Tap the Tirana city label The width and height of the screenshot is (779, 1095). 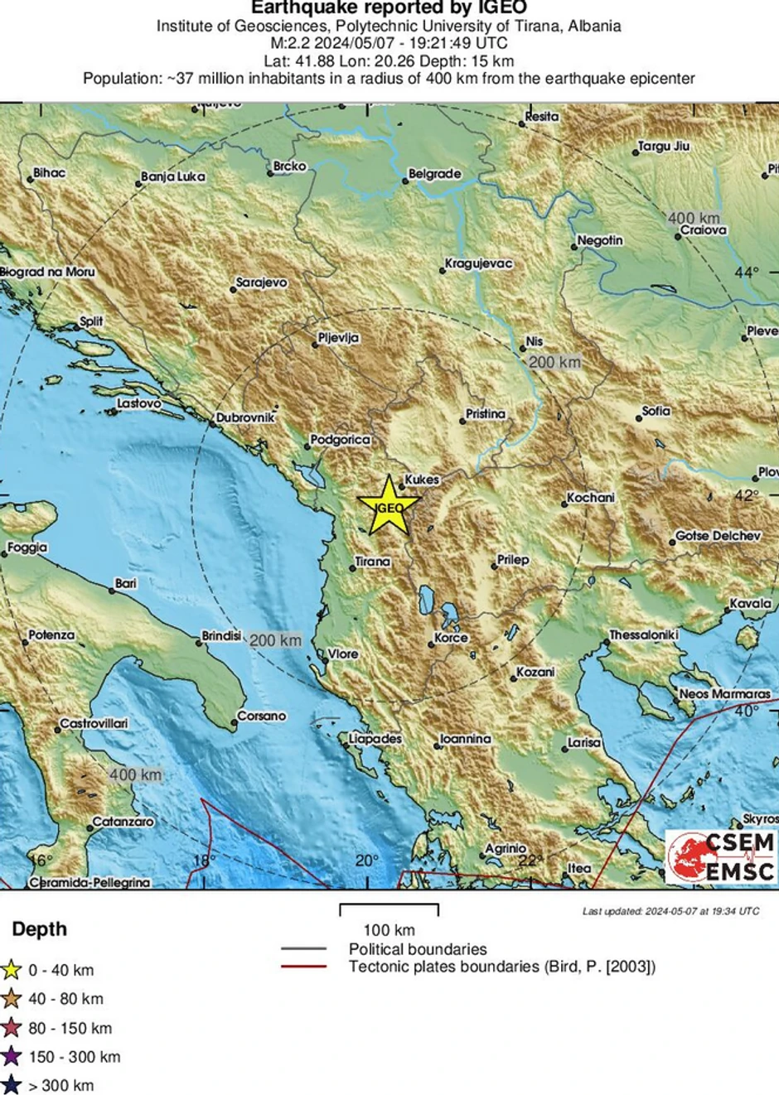coord(372,562)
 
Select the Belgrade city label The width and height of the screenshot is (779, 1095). coord(434,175)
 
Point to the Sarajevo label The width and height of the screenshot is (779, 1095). coord(261,283)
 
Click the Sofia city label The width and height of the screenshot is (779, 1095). coord(656,411)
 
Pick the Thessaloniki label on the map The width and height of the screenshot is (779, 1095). coord(643,635)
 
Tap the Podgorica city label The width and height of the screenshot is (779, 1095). coord(340,440)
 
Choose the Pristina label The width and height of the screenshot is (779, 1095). coord(485,414)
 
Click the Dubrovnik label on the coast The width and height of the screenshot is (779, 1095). coord(244,418)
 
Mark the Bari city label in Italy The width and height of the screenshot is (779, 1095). coord(126,584)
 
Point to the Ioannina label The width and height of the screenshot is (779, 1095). coord(465,739)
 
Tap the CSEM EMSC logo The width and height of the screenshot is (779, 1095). coord(722,856)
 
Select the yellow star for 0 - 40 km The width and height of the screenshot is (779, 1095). coord(12,970)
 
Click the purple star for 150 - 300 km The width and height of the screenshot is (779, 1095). coord(12,1057)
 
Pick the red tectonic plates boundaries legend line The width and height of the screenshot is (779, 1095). coord(304,967)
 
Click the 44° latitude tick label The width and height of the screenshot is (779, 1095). coord(746,273)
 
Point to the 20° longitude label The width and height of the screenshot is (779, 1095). coord(366,861)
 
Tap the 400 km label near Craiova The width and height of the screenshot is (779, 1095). coord(694,218)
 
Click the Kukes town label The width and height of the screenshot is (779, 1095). coord(421,480)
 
